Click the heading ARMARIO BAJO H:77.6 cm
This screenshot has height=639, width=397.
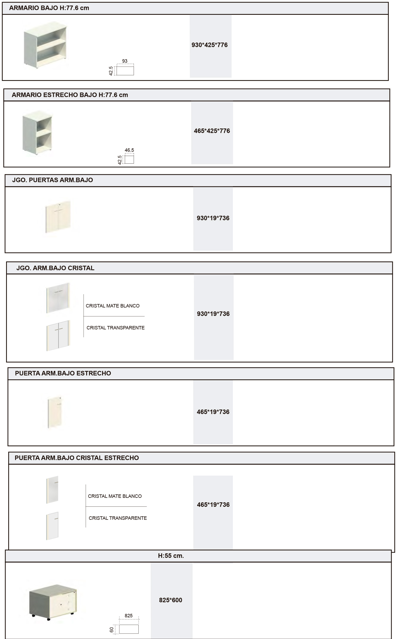click(49, 8)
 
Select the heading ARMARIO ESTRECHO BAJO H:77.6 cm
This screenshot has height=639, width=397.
click(70, 95)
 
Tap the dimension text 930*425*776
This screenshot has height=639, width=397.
click(209, 45)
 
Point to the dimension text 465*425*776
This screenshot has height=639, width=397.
click(212, 131)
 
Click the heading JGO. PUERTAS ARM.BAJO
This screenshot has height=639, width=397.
click(52, 180)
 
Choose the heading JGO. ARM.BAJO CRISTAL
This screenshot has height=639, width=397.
click(55, 268)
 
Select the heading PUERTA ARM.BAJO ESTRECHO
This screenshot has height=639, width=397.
click(63, 373)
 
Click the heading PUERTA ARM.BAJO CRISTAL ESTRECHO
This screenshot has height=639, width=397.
click(77, 458)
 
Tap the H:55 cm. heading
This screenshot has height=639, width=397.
click(171, 556)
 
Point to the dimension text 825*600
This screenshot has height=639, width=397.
click(170, 600)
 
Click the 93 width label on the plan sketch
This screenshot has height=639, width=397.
click(125, 61)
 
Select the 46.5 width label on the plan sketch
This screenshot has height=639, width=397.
click(129, 150)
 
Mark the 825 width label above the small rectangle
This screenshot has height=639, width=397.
click(129, 616)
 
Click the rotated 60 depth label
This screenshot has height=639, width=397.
click(112, 630)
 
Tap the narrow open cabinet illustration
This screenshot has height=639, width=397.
click(37, 132)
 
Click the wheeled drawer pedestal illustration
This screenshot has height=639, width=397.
click(53, 600)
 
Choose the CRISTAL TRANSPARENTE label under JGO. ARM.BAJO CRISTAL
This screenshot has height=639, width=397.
click(115, 328)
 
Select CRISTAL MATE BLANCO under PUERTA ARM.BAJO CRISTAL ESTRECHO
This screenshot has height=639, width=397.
click(115, 496)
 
